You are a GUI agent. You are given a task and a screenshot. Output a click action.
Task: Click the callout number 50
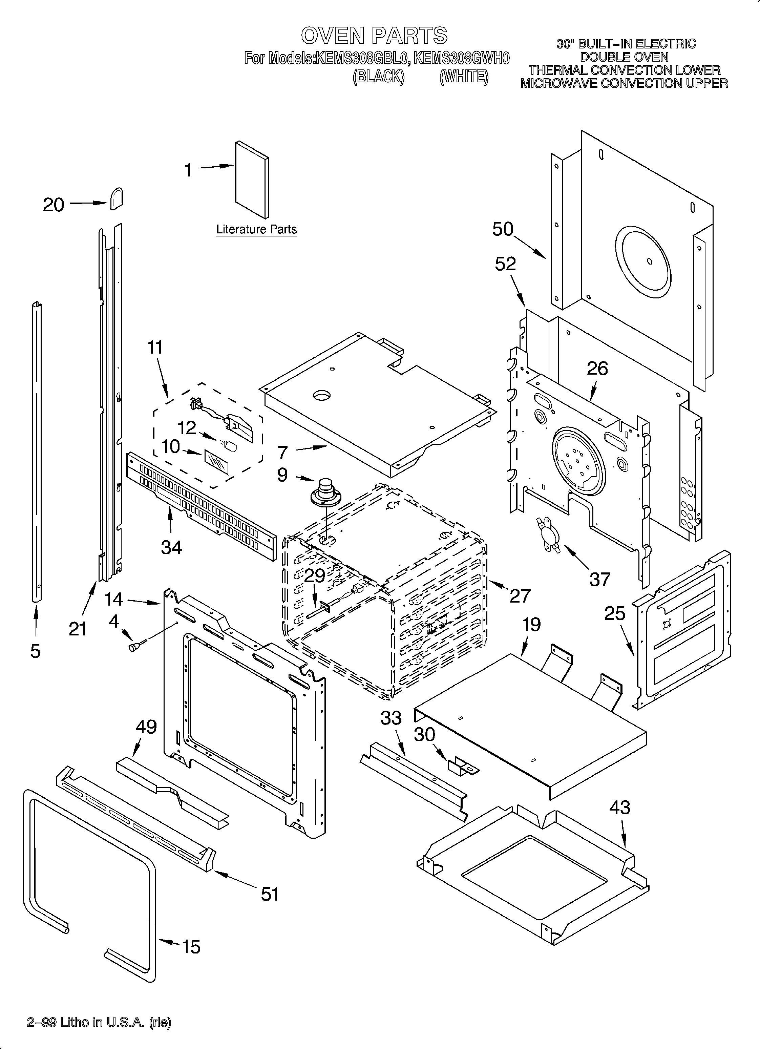point(503,229)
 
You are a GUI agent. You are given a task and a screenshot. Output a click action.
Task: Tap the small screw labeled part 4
point(135,647)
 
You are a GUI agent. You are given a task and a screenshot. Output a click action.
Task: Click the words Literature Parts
point(256,229)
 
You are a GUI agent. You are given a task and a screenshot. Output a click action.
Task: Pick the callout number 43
point(619,808)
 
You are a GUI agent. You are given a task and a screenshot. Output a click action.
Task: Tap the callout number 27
point(520,596)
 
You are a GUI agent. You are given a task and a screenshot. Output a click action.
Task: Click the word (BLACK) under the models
point(378,76)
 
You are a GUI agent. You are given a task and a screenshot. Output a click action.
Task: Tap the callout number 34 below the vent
point(171,548)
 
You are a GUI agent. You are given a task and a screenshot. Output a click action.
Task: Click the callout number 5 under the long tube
point(35,651)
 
